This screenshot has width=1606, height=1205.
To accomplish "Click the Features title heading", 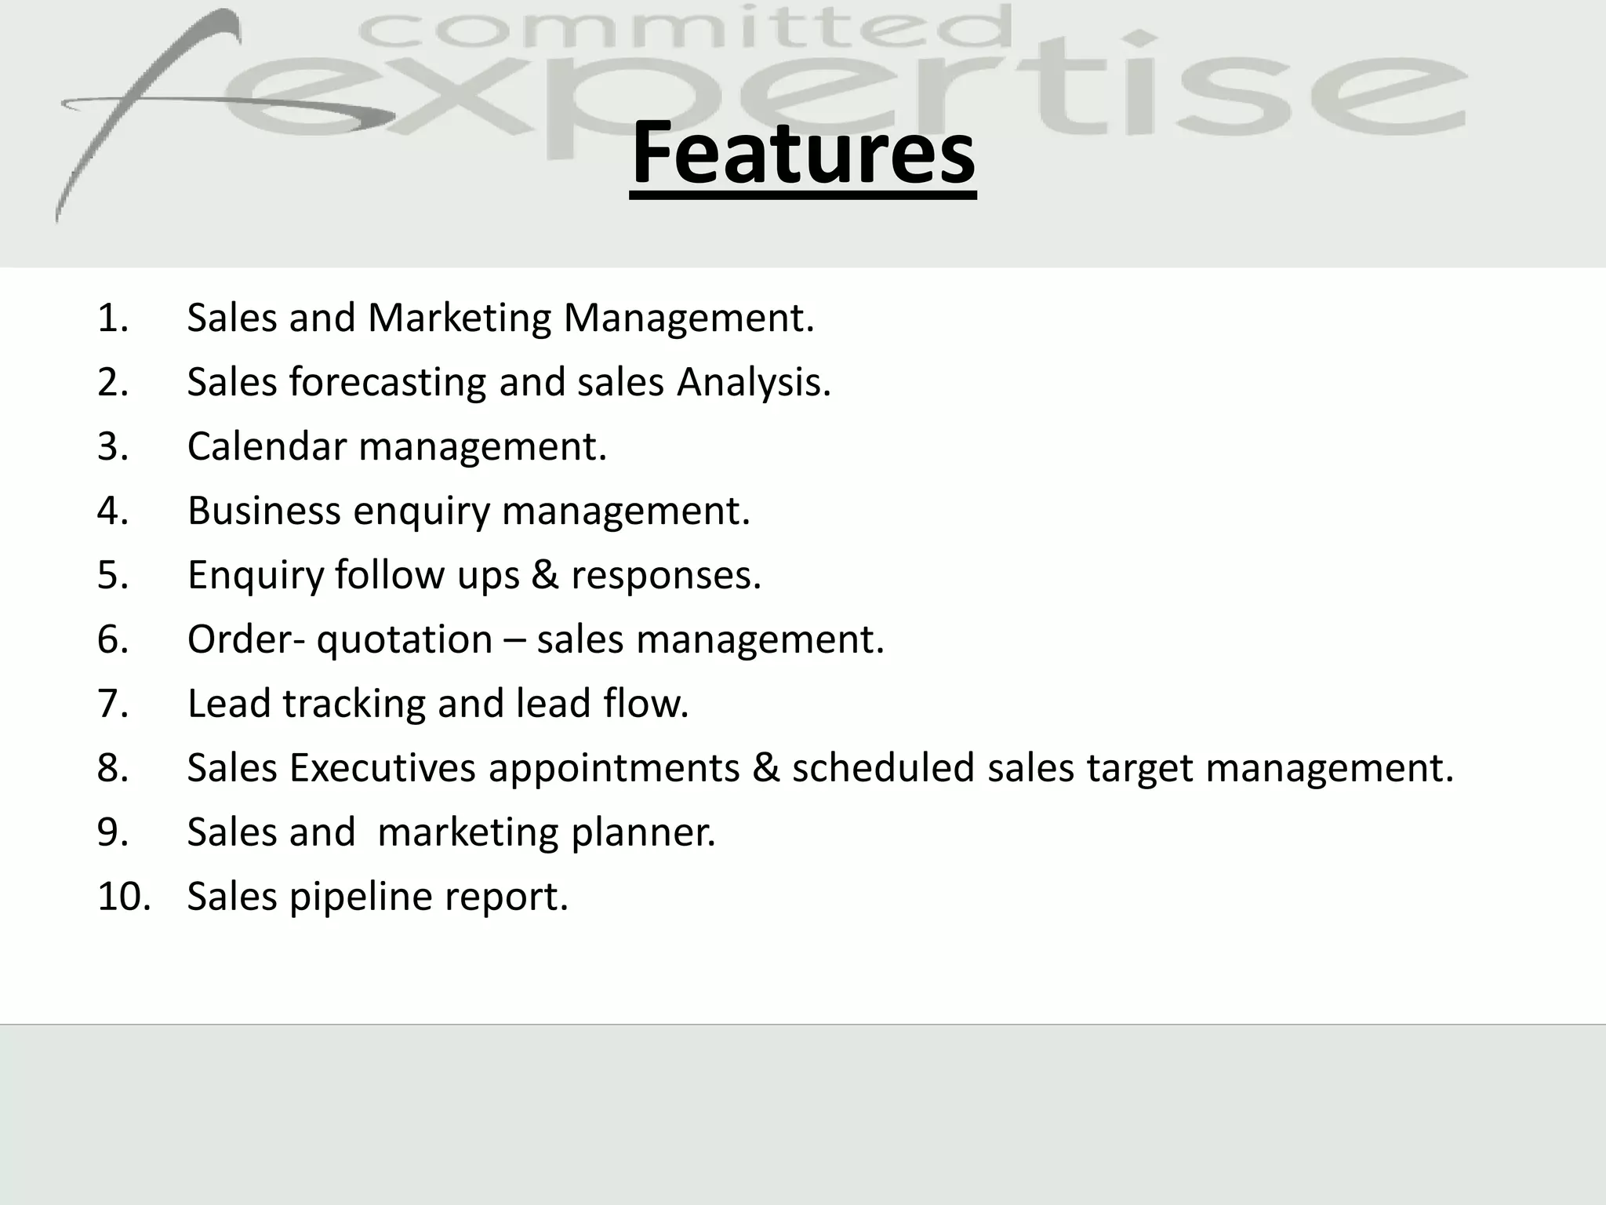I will pyautogui.click(x=803, y=153).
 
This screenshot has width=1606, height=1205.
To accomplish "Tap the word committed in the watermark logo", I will pyautogui.click(x=685, y=31).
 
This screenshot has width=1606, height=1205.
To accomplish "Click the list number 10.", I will pyautogui.click(x=123, y=896).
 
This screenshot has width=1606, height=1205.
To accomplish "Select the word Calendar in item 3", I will pyautogui.click(x=266, y=446).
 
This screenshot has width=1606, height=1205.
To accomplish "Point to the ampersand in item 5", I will pyautogui.click(x=544, y=575).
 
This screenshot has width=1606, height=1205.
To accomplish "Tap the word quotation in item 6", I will pyautogui.click(x=404, y=640).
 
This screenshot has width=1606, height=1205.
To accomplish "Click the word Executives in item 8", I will pyautogui.click(x=382, y=768).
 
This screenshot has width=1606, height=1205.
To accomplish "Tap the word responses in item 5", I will pyautogui.click(x=666, y=576).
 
